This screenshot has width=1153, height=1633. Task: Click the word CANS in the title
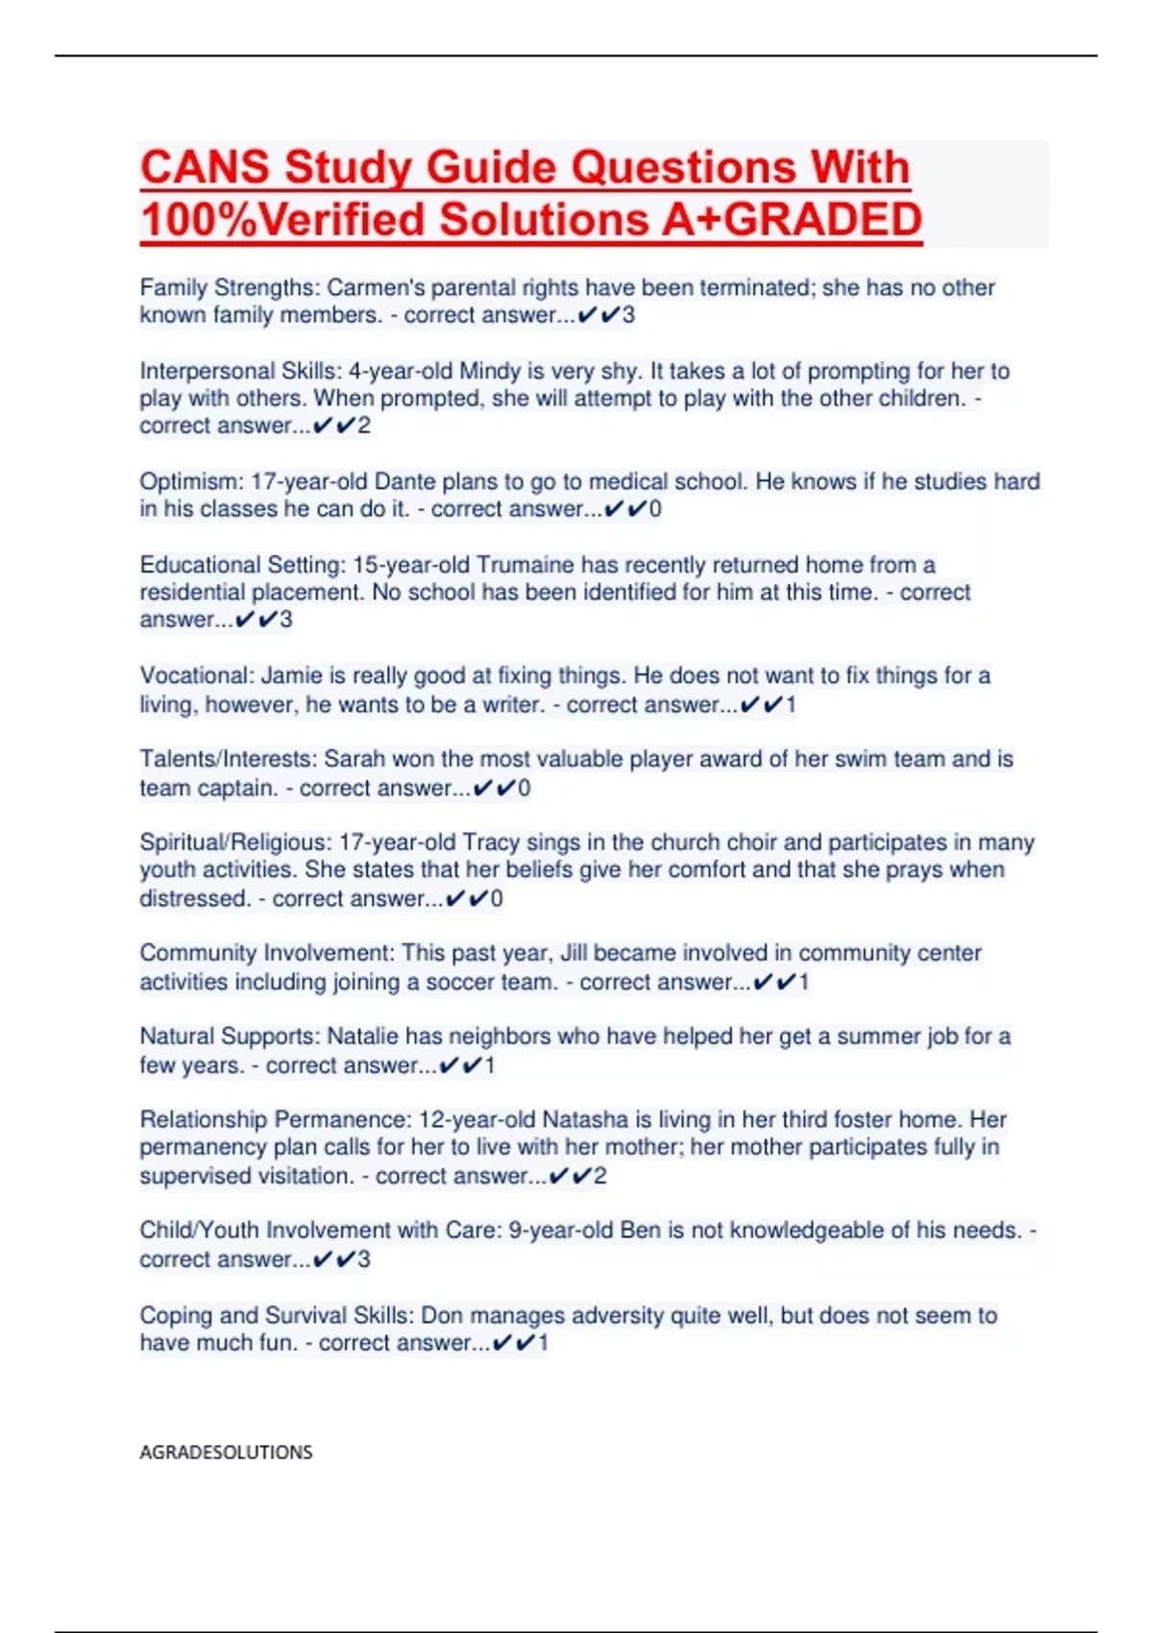coord(205,167)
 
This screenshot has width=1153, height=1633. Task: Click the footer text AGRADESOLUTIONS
coord(226,1451)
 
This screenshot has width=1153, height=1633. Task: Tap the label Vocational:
coord(197,675)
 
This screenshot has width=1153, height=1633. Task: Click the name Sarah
coord(354,759)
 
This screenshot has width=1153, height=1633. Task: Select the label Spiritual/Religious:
coord(235,842)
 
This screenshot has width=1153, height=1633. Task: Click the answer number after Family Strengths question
coord(628,315)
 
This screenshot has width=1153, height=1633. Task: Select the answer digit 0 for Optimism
coord(655,509)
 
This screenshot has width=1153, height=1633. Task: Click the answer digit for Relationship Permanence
coord(601,1176)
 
